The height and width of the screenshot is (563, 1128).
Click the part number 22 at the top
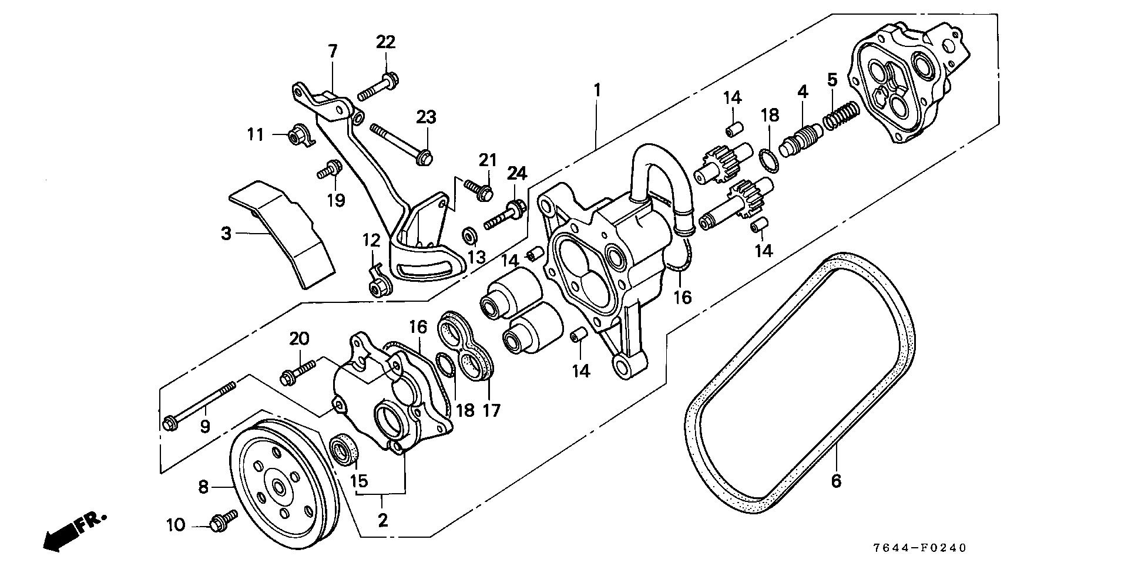386,42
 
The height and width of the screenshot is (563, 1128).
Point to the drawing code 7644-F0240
919,548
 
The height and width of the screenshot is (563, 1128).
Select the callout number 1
597,90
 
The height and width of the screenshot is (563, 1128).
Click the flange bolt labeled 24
505,215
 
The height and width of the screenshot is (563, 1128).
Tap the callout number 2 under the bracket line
383,520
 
